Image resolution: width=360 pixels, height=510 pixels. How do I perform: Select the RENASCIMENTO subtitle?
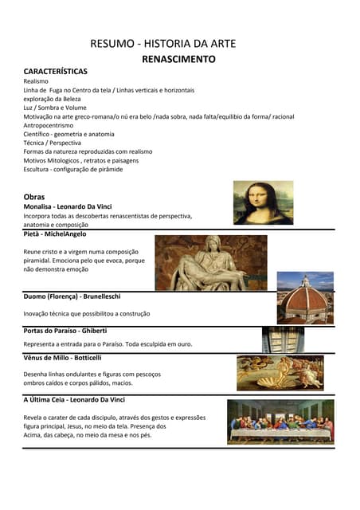[x=178, y=59]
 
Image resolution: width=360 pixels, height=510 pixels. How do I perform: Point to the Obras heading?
[x=34, y=196]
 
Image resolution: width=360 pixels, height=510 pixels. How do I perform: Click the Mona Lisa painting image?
[x=263, y=202]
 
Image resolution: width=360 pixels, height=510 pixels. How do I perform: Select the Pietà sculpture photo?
[x=210, y=262]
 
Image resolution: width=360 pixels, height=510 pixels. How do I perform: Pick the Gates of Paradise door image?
[x=283, y=339]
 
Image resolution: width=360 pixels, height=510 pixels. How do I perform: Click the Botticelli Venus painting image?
[x=280, y=372]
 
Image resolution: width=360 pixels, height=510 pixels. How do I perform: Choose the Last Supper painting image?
[x=280, y=422]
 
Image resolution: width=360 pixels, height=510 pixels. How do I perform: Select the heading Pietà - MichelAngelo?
[x=55, y=234]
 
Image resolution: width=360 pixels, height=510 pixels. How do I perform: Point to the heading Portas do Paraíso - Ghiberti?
[x=65, y=330]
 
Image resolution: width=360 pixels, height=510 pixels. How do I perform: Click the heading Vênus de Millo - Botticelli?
[x=63, y=358]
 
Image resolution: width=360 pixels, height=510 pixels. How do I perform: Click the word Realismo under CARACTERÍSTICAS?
[x=36, y=81]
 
